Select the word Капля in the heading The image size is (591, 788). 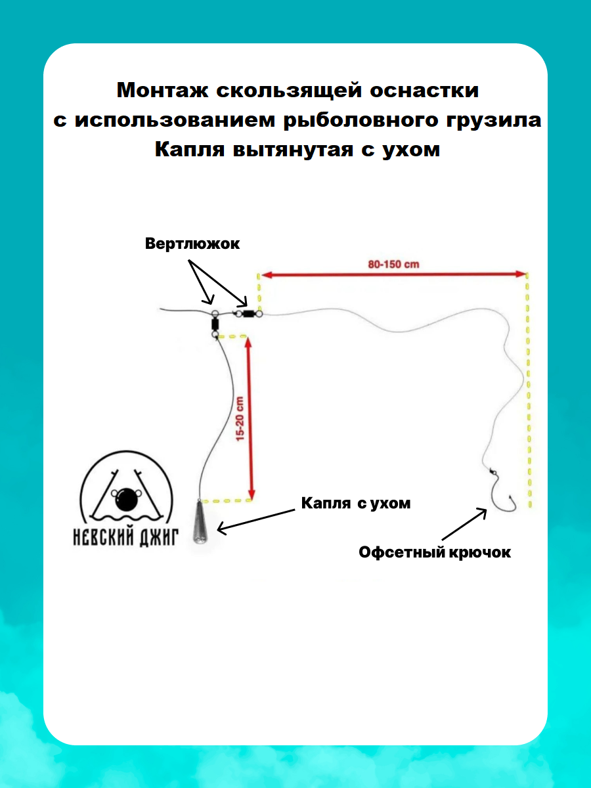(190, 149)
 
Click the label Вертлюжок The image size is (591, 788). (192, 244)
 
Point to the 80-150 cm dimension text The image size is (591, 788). (393, 265)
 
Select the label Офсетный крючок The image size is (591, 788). (434, 552)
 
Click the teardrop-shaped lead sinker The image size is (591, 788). (198, 523)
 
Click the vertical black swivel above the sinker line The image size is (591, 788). (215, 324)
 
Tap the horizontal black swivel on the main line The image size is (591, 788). (248, 314)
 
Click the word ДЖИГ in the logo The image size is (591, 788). (157, 539)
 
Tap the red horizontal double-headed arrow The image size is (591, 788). (393, 274)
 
